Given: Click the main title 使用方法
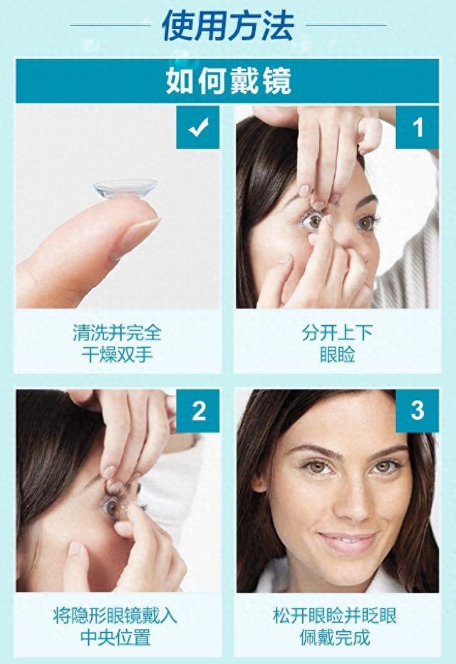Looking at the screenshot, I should tap(227, 26).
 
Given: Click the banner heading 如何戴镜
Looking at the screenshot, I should tap(228, 80).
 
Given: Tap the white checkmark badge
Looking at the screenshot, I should tap(197, 128).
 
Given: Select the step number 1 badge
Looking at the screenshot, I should tap(418, 128).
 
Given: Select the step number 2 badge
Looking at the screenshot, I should tap(198, 411).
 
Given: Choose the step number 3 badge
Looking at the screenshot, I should tap(418, 411).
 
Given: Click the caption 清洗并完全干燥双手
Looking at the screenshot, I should tap(117, 342).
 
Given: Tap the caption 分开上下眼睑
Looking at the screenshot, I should tap(337, 342).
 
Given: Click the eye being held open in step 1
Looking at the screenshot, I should tap(314, 222).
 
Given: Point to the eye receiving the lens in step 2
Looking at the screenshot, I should tap(113, 506).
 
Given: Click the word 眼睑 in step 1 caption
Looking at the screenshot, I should tap(337, 353).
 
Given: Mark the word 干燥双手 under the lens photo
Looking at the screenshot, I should tap(117, 353).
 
